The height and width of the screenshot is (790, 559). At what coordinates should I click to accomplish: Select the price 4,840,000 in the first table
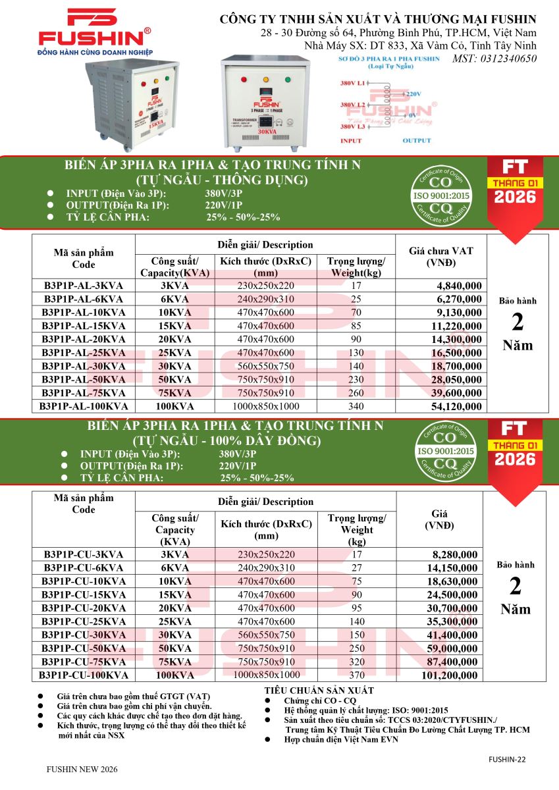point(458,286)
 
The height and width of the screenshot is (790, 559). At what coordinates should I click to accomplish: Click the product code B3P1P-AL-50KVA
point(84,379)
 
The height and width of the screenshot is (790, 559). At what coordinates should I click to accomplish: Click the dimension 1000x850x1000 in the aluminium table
point(266,406)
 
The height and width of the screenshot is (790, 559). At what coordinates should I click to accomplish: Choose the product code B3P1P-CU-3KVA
point(84,554)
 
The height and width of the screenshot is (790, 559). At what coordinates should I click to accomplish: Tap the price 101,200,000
point(452,675)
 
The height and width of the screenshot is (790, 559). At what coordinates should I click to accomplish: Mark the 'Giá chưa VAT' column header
point(441,257)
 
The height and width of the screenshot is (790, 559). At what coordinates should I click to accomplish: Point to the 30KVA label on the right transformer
point(267,132)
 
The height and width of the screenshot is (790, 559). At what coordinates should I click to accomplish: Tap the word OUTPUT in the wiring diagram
point(416,140)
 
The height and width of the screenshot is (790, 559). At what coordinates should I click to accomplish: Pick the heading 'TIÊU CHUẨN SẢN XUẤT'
point(319,691)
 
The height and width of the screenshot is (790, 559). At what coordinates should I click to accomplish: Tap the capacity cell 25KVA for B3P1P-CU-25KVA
point(174,621)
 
